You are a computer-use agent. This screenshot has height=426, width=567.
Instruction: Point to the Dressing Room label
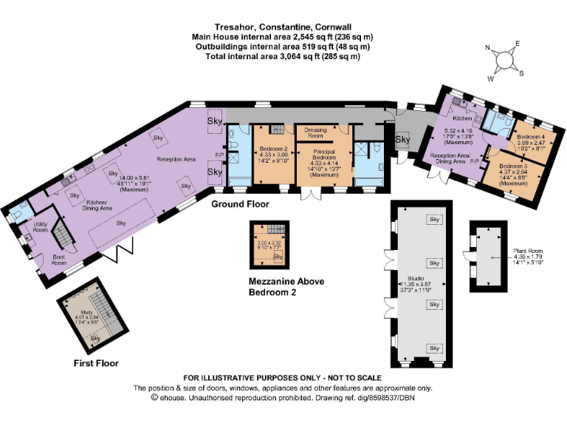[x=315, y=133]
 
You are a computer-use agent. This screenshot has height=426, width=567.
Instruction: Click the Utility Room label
[x=41, y=226]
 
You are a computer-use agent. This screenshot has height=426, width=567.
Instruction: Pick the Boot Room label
[x=59, y=260]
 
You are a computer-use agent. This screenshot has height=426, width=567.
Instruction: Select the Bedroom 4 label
[x=530, y=138]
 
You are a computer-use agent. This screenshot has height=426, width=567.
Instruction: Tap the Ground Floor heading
[x=240, y=203]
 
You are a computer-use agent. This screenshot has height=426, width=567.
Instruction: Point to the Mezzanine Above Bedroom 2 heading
[x=286, y=287]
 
